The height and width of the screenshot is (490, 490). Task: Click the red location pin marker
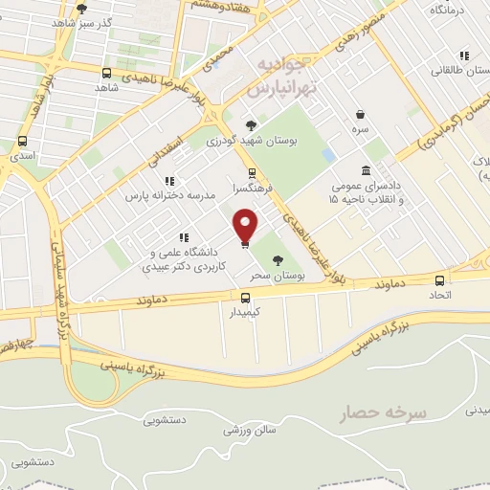tap(246, 226)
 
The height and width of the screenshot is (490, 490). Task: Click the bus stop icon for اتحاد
tap(440, 280)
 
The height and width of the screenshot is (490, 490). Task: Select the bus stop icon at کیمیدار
tap(245, 297)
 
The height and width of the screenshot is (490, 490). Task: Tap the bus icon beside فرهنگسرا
tap(252, 173)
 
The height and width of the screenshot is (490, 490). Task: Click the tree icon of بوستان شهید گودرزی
tap(251, 124)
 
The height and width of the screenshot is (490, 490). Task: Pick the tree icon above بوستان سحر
tap(278, 259)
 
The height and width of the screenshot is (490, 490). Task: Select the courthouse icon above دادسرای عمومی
tap(366, 169)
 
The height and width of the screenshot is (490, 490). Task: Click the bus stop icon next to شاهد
tap(105, 72)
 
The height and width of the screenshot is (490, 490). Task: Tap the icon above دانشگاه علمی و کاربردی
tap(183, 238)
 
